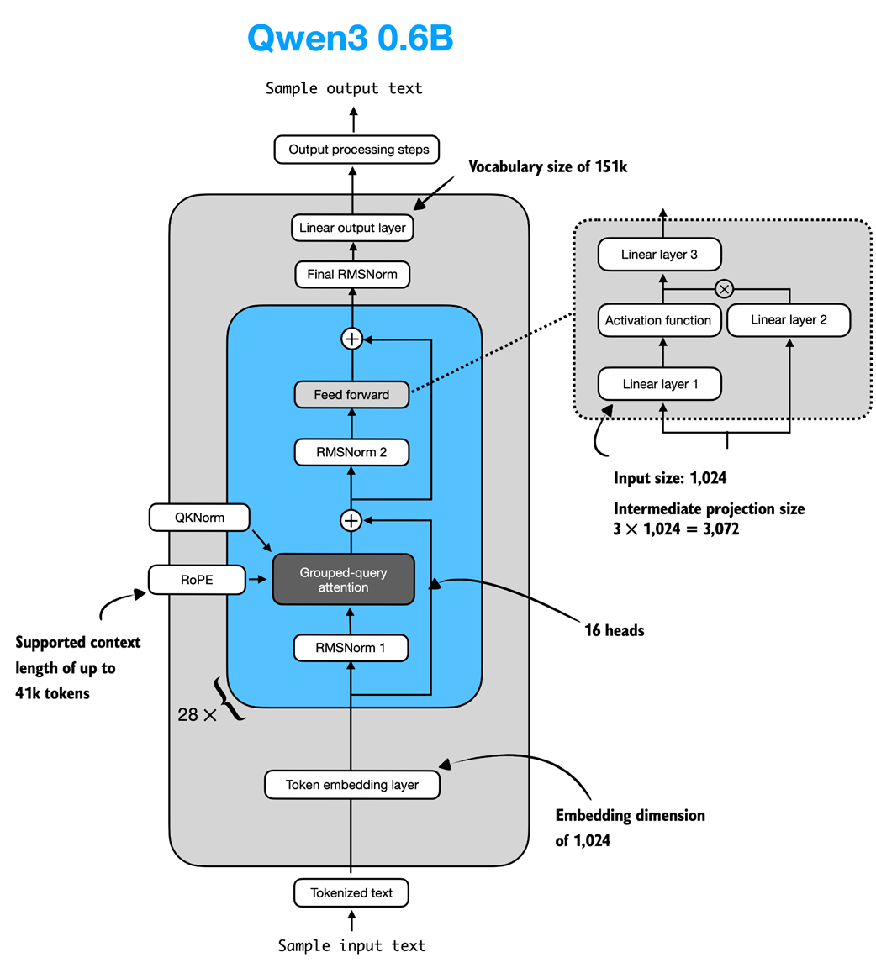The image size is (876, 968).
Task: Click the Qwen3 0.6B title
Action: (x=351, y=39)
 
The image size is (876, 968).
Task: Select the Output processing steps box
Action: (x=358, y=150)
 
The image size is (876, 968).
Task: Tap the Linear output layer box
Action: (x=352, y=228)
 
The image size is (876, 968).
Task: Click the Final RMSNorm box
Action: (x=352, y=274)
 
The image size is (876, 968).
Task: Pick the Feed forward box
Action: (x=351, y=394)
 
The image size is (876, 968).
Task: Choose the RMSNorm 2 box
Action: (x=351, y=452)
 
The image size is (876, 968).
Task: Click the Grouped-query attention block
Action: (x=343, y=580)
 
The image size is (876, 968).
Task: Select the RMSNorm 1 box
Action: (x=351, y=648)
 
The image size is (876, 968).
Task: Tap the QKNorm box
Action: (x=199, y=518)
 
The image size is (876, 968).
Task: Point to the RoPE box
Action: (x=197, y=580)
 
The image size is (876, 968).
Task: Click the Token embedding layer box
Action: (x=352, y=785)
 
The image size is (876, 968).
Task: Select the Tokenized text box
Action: (x=351, y=892)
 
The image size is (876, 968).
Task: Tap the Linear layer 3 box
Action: (x=659, y=255)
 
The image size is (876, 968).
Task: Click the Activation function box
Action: (x=658, y=320)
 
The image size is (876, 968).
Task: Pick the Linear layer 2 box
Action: (x=789, y=320)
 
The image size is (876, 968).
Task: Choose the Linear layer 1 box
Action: (x=660, y=384)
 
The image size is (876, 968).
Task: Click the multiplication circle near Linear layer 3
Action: (x=724, y=289)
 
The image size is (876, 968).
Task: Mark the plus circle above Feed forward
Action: (x=351, y=339)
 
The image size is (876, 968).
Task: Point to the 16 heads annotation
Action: (x=614, y=630)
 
